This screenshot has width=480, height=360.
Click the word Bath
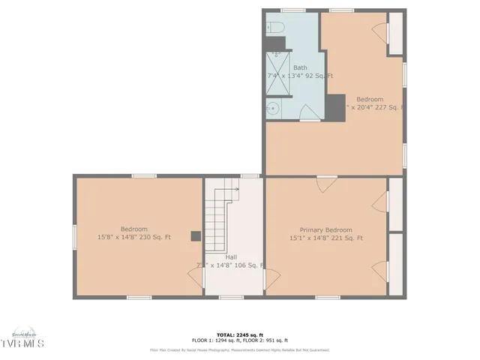[300, 67]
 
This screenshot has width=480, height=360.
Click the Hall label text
[232, 256]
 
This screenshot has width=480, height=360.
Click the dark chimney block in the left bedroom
[196, 236]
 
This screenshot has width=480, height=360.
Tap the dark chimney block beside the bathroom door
[335, 106]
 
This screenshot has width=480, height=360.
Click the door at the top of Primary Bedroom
[326, 182]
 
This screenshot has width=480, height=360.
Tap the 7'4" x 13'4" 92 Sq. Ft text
[300, 76]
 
